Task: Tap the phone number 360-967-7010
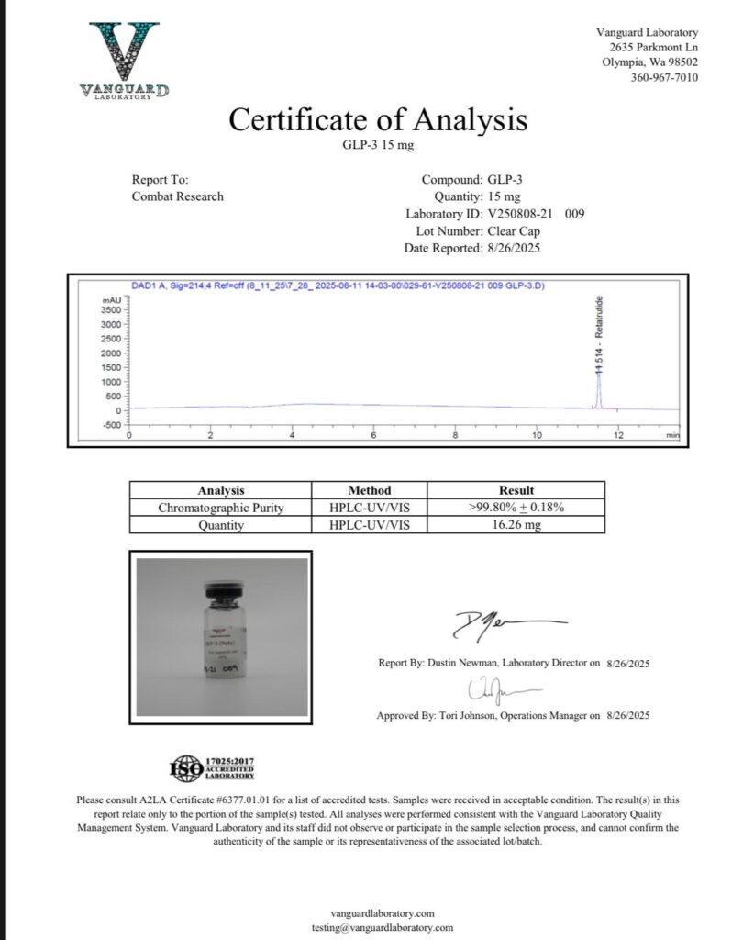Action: tap(664, 77)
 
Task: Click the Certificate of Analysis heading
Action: tap(377, 120)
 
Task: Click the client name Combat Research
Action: tap(178, 196)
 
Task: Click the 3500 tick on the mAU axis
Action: tap(111, 309)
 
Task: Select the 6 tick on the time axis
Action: tap(374, 435)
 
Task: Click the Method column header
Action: tap(370, 490)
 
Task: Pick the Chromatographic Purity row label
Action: tap(221, 508)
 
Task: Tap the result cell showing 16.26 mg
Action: tap(516, 525)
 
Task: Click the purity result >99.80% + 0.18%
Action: tap(516, 508)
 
